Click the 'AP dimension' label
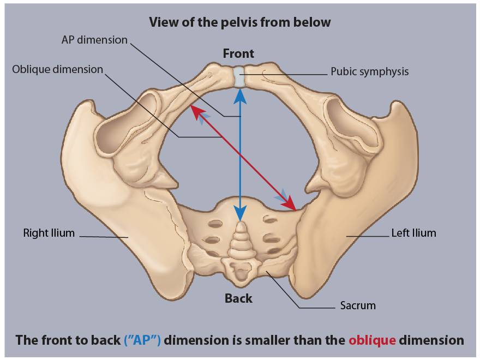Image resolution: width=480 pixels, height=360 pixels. point(94,40)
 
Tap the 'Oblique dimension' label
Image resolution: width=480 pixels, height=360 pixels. point(58,69)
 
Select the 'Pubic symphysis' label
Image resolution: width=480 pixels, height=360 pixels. point(369,71)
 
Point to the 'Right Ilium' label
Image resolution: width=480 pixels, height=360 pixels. point(49,233)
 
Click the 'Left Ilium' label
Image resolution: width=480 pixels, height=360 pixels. point(413,233)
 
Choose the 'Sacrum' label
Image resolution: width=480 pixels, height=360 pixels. point(358,305)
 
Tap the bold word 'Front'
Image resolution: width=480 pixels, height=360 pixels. point(238,53)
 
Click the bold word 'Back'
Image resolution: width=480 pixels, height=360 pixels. point(238,298)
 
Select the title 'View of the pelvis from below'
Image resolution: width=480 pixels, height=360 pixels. point(240,22)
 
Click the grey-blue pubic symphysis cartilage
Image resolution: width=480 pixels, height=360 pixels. point(239,76)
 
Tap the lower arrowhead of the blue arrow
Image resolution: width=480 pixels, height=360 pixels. point(241,213)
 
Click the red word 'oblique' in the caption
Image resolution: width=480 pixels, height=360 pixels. point(372,340)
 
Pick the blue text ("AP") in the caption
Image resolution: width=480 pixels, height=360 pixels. point(142,340)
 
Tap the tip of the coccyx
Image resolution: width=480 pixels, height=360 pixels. point(241,223)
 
